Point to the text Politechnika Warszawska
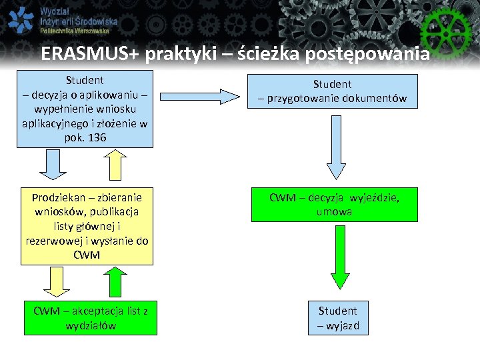[x=79, y=31]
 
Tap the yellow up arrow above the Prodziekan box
[x=115, y=166]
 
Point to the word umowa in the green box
[x=334, y=211]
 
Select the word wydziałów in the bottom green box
[x=90, y=325]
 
